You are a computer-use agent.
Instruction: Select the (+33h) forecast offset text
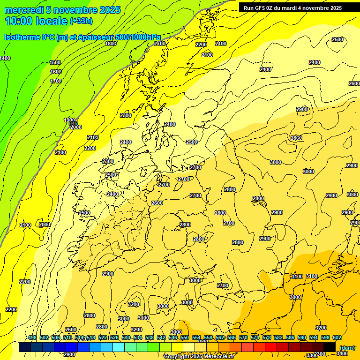[81, 21]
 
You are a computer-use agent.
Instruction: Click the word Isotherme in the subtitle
[22, 37]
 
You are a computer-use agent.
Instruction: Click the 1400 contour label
[5, 58]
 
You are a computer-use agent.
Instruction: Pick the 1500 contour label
[55, 62]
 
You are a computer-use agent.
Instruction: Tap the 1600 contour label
[56, 72]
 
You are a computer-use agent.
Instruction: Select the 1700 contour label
[56, 81]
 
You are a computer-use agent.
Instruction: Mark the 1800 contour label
[111, 44]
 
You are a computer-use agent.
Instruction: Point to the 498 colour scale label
[32, 338]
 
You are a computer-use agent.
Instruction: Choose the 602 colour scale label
[337, 338]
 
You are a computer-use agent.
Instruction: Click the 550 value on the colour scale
[184, 338]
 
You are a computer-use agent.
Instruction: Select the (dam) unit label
[347, 347]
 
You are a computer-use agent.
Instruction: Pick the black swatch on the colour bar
[329, 347]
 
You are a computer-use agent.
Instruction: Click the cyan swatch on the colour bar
[118, 347]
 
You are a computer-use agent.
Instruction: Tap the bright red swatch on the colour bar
[270, 347]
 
